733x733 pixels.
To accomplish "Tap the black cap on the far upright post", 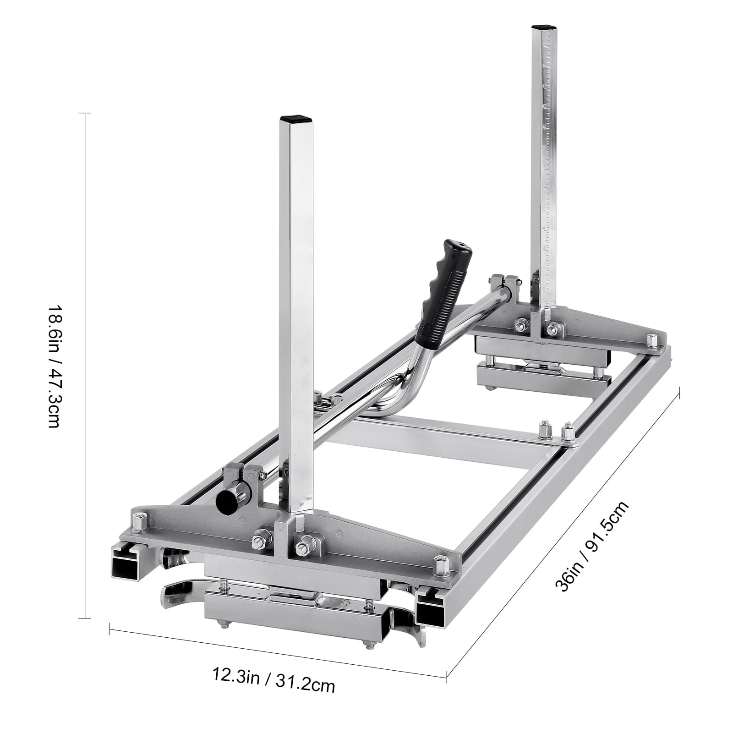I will tap(540, 27).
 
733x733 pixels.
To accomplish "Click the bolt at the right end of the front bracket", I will tap(441, 564).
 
